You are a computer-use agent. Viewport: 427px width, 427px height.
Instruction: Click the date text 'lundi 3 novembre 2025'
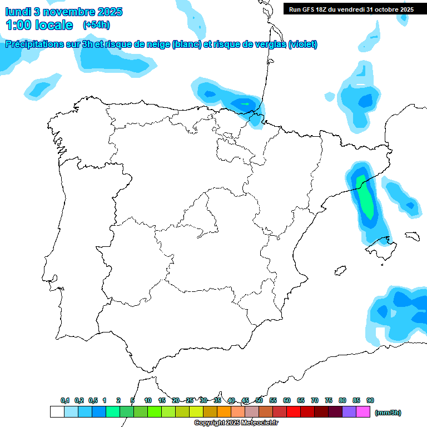[64, 12]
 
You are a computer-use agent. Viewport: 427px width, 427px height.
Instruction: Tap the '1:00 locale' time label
[39, 25]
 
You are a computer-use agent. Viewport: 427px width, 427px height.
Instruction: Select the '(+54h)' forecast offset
[96, 25]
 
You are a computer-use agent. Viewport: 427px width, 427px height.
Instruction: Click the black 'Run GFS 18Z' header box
[351, 9]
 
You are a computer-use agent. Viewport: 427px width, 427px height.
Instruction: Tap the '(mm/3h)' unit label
[388, 413]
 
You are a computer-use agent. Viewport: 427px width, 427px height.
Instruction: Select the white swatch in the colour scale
[57, 412]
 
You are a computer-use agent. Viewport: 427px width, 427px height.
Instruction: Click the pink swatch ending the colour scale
[363, 412]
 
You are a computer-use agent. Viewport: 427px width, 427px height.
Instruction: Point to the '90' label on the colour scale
[370, 400]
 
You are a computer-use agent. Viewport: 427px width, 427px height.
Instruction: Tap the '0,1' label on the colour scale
[65, 400]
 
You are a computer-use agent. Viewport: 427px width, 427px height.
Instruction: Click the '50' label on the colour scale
[259, 400]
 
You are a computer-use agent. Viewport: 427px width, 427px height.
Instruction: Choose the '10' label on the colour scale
[148, 400]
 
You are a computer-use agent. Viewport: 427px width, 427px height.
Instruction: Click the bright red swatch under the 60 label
[294, 412]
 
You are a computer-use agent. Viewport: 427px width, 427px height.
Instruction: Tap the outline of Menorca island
[412, 236]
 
